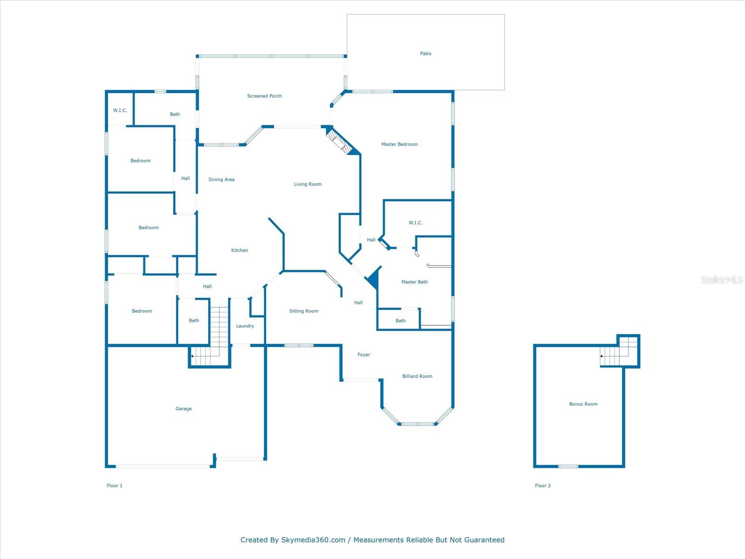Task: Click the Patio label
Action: tap(426, 54)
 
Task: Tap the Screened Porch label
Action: tap(264, 96)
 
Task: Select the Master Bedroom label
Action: tap(400, 144)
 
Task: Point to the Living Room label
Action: tap(308, 184)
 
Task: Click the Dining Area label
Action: tap(222, 179)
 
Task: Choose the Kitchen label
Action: tap(240, 250)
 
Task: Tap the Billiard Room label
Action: tap(417, 376)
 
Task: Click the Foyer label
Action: tap(364, 354)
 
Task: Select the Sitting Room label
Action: tap(304, 311)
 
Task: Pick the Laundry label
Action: tap(245, 326)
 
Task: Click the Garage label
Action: tap(183, 409)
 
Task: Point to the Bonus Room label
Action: tap(583, 404)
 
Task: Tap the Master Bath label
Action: tap(414, 282)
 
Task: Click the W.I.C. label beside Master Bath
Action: tap(416, 223)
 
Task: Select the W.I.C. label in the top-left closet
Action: tap(120, 110)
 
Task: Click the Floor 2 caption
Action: tap(543, 485)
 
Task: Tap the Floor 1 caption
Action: tap(115, 485)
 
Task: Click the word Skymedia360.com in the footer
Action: tap(313, 540)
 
